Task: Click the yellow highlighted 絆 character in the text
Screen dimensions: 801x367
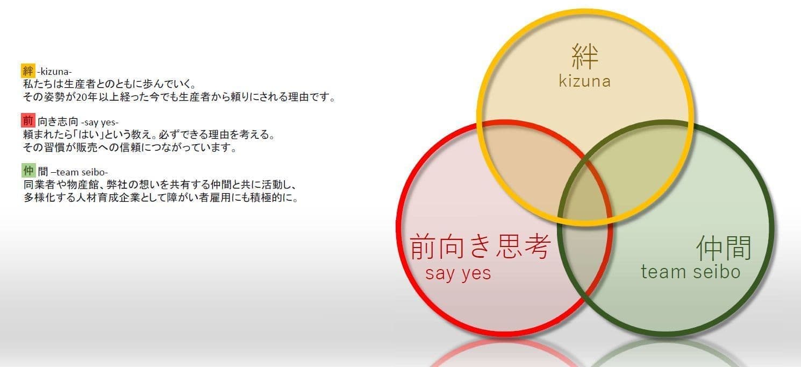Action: click(28, 70)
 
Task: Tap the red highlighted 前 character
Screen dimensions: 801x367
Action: click(28, 121)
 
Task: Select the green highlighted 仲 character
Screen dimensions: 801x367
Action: click(28, 171)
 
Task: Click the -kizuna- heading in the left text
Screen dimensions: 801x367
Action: click(54, 72)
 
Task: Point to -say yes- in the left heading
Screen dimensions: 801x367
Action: click(100, 123)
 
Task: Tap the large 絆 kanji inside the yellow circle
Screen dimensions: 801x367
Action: click(585, 56)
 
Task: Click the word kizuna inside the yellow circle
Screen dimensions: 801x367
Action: click(585, 81)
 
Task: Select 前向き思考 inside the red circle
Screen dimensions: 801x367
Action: click(480, 246)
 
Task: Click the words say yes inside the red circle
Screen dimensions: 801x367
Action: click(458, 273)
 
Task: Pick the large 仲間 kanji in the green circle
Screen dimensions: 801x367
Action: click(724, 248)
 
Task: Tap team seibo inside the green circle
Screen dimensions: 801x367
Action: click(690, 272)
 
